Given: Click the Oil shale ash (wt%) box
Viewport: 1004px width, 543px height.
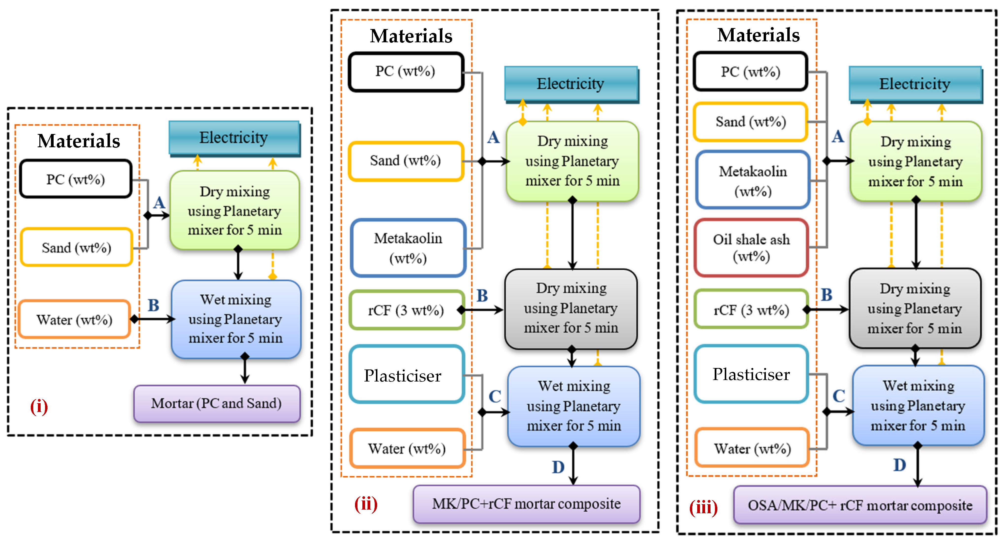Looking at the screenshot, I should coord(751,248).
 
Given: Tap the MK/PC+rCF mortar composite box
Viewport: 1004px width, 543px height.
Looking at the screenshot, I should coord(526,504).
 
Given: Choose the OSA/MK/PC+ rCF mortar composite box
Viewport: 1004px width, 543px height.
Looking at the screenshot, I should coord(860,505).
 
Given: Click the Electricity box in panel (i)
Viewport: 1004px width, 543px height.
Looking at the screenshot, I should coord(234,137).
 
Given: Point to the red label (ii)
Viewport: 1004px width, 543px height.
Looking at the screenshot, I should coord(366,504).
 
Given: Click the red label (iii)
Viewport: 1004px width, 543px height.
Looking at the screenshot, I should coord(703,508).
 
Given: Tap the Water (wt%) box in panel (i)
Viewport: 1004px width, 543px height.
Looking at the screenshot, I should coord(74,319).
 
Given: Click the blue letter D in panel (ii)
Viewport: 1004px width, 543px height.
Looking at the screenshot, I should coord(558,467).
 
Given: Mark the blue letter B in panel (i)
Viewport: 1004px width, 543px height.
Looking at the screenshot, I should coord(153,305).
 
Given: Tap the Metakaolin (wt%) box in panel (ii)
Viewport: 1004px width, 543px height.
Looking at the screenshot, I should coord(408,248).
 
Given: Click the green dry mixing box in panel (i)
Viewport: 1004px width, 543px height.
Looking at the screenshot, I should coord(235,210).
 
